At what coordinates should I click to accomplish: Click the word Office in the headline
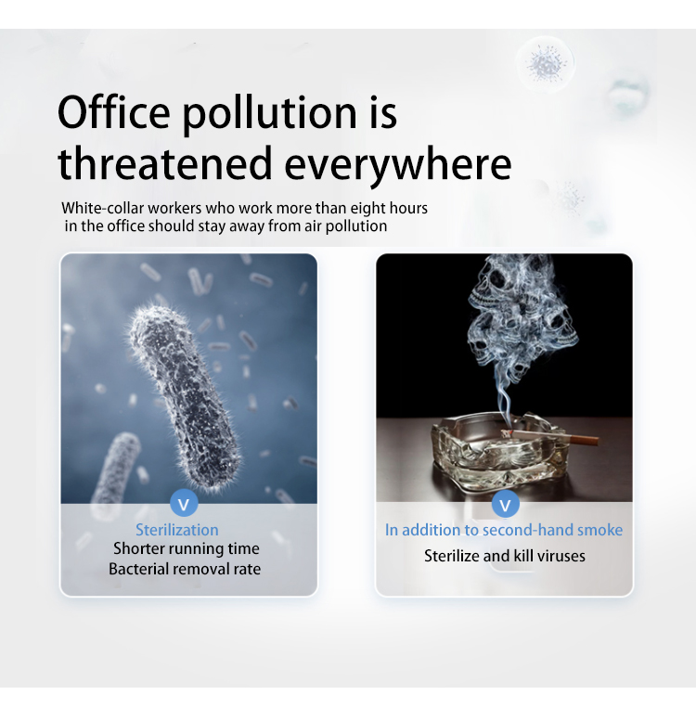coord(114,112)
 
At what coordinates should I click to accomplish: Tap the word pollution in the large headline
coord(270,115)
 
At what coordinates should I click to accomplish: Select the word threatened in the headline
coord(165,163)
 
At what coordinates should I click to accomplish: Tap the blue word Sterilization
coord(177,530)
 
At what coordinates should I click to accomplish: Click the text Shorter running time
coord(187,548)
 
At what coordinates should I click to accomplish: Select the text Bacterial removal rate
coord(185,569)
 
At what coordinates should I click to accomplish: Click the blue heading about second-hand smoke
coord(504,530)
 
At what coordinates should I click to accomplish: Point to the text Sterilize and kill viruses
coord(505,556)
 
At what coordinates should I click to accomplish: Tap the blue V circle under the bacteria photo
coord(184,504)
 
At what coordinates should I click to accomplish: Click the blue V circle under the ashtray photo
coord(506,504)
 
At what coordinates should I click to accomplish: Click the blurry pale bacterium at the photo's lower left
coord(116,470)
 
